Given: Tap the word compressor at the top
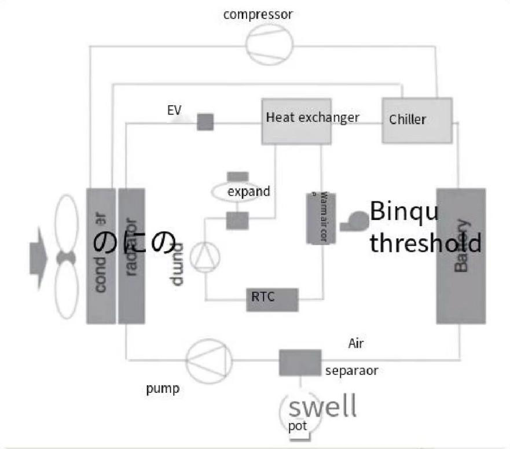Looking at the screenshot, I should pos(258,14).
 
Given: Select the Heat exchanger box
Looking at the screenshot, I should pos(296,121).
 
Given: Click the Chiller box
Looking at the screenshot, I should pos(417,120).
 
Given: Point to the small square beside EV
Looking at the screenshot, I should pos(205,122).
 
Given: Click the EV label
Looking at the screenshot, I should pos(174,110).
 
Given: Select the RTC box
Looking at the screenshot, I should pos(272,299).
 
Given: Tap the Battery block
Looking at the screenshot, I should pos(461,255).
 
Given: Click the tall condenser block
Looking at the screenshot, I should pos(101,255).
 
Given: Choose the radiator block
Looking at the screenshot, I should pos(131,255).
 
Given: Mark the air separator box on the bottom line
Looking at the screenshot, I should pos(300,362).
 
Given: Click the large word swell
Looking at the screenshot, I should pos(322,407).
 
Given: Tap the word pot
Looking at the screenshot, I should pos(298,426).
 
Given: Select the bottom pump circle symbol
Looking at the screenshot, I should pos(209,361).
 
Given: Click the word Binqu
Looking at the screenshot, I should pos(404,212).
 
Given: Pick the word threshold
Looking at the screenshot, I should pos(425,244).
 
